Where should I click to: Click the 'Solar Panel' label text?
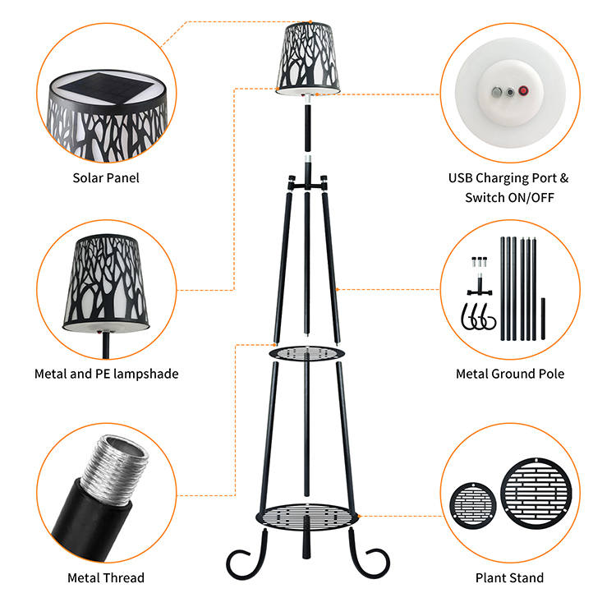[106, 178]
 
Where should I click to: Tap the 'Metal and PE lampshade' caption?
[107, 374]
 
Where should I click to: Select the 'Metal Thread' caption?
[106, 577]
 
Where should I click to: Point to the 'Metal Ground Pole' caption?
[510, 374]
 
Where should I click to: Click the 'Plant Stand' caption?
[509, 577]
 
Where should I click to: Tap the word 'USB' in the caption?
[461, 178]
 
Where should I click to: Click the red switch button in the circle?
[523, 90]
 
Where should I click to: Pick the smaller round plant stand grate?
[472, 506]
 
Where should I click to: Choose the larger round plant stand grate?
[536, 494]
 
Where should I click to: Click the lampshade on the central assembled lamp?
[308, 58]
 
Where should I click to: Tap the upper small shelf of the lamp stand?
[307, 353]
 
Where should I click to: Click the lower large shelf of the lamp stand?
[307, 517]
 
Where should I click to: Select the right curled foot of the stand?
[369, 557]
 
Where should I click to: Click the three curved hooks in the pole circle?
[478, 317]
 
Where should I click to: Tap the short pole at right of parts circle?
[543, 319]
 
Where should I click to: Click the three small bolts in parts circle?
[480, 262]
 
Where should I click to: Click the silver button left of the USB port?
[497, 92]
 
